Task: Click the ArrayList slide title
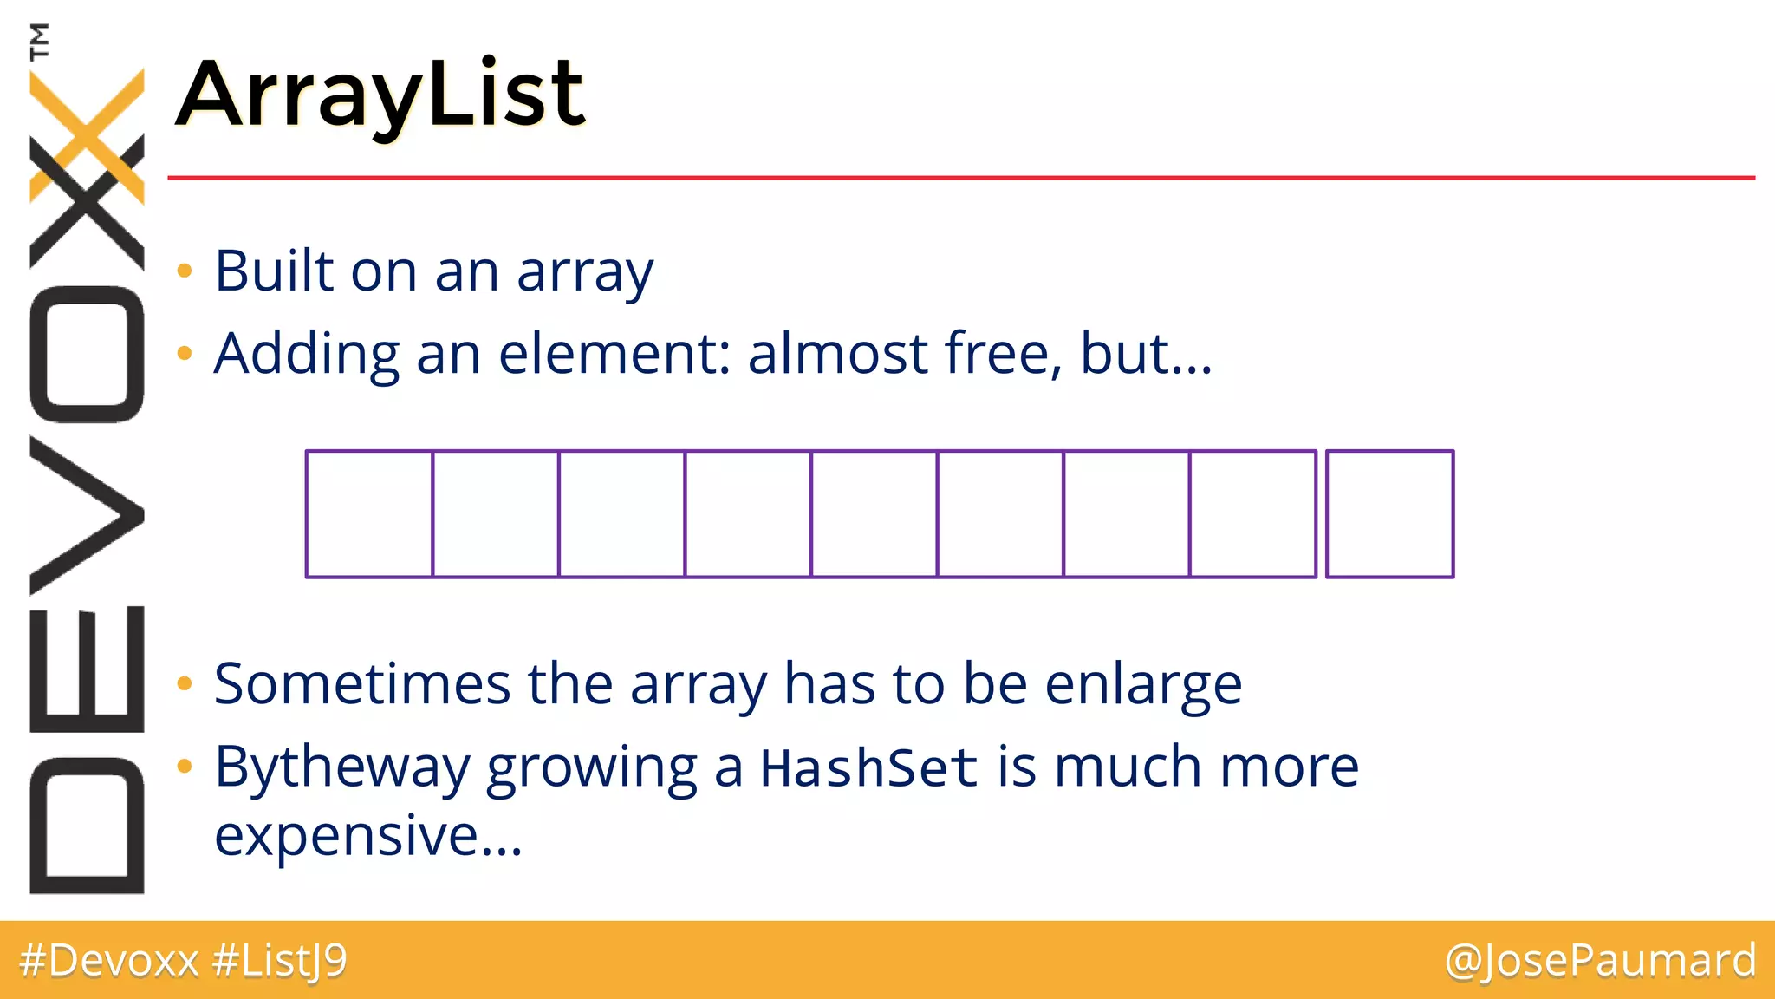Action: point(381,94)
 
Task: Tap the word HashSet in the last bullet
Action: point(868,767)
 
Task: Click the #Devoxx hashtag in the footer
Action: point(109,960)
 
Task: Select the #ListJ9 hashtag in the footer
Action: point(279,960)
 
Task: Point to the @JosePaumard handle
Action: point(1600,960)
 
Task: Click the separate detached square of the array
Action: point(1389,513)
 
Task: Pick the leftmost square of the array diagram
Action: point(369,513)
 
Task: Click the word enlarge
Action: point(1143,685)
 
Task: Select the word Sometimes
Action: point(362,683)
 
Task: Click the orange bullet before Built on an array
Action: point(184,271)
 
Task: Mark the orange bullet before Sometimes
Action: point(184,684)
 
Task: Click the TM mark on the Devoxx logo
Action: point(39,41)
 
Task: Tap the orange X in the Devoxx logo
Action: point(87,134)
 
